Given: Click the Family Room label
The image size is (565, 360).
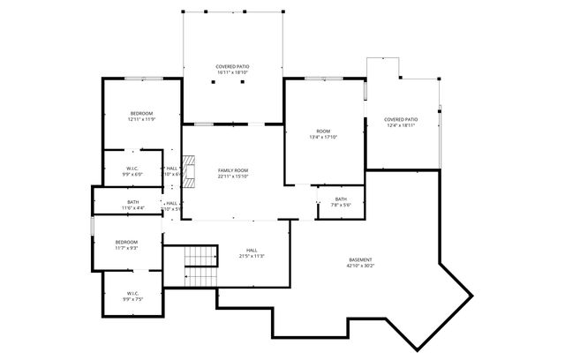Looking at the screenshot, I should click(233, 169).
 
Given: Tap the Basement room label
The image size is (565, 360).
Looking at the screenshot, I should click(359, 259).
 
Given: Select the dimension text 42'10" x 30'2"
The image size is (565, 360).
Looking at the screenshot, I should click(359, 266).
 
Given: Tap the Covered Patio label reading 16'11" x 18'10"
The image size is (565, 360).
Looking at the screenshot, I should click(233, 67).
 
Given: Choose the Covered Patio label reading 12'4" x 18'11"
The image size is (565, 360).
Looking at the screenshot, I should click(401, 119).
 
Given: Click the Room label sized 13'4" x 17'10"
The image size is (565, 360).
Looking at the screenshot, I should click(324, 131).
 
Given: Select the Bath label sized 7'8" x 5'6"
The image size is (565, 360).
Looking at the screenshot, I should click(341, 199).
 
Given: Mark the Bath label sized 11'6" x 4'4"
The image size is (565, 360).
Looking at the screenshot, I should click(132, 203).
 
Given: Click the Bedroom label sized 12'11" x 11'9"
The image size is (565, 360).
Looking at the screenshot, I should click(141, 113).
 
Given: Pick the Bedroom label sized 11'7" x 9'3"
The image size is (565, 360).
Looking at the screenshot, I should click(125, 242).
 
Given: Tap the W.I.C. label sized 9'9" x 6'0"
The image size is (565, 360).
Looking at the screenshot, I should click(132, 168).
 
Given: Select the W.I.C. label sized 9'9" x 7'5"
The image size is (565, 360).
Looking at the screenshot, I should click(132, 293).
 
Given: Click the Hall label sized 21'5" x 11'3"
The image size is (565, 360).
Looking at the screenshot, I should click(251, 250).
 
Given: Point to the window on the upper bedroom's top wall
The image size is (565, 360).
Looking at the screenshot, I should click(141, 79).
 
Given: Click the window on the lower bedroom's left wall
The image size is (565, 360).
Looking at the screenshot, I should click(92, 226).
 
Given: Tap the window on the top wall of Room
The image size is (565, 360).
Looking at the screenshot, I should click(323, 79).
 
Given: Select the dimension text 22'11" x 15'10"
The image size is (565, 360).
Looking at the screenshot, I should click(233, 176).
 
